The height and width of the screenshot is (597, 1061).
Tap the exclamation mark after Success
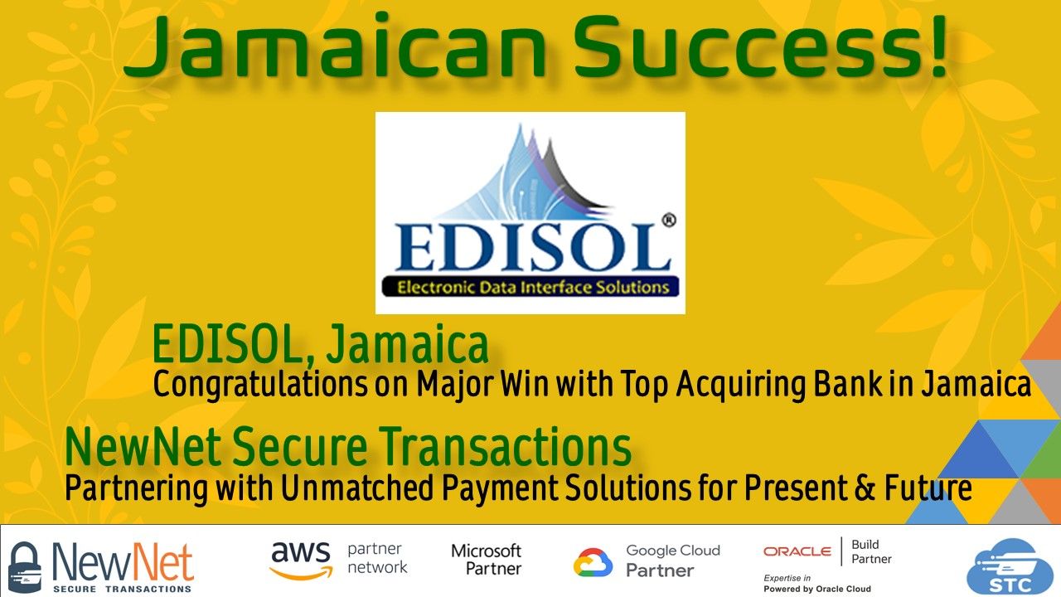(x=937, y=46)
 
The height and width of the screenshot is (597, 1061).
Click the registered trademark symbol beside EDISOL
(x=668, y=221)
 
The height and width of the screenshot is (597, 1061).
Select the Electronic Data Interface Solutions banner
(x=530, y=287)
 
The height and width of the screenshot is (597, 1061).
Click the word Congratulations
(x=260, y=385)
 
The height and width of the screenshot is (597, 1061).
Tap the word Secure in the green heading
(x=300, y=446)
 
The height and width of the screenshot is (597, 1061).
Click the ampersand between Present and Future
(x=865, y=488)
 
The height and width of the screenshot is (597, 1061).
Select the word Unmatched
(x=356, y=488)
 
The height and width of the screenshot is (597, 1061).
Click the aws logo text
(x=301, y=559)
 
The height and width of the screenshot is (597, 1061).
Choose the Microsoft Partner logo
(x=486, y=559)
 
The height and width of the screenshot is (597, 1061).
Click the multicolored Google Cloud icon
(x=593, y=562)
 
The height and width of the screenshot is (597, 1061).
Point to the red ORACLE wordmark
(x=797, y=551)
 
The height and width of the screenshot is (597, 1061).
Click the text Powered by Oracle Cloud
(x=817, y=589)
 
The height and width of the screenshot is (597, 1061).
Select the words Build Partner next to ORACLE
(x=871, y=551)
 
